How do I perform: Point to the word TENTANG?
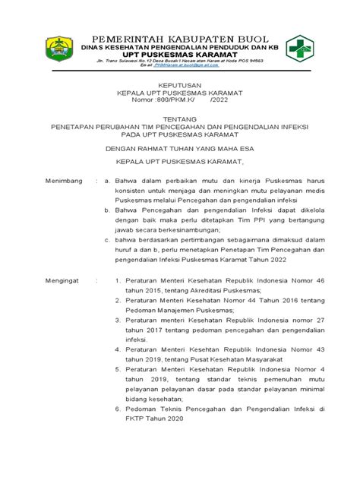[179, 118]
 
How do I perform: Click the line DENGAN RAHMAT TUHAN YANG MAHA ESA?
[179, 149]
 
